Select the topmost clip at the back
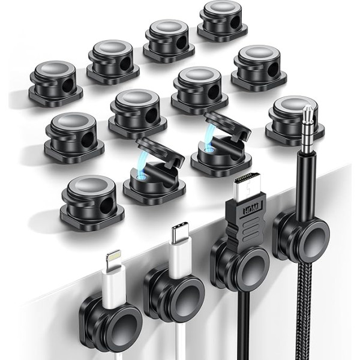pyautogui.click(x=221, y=19)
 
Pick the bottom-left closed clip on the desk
pyautogui.click(x=91, y=197)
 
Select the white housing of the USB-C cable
pyautogui.click(x=178, y=257)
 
